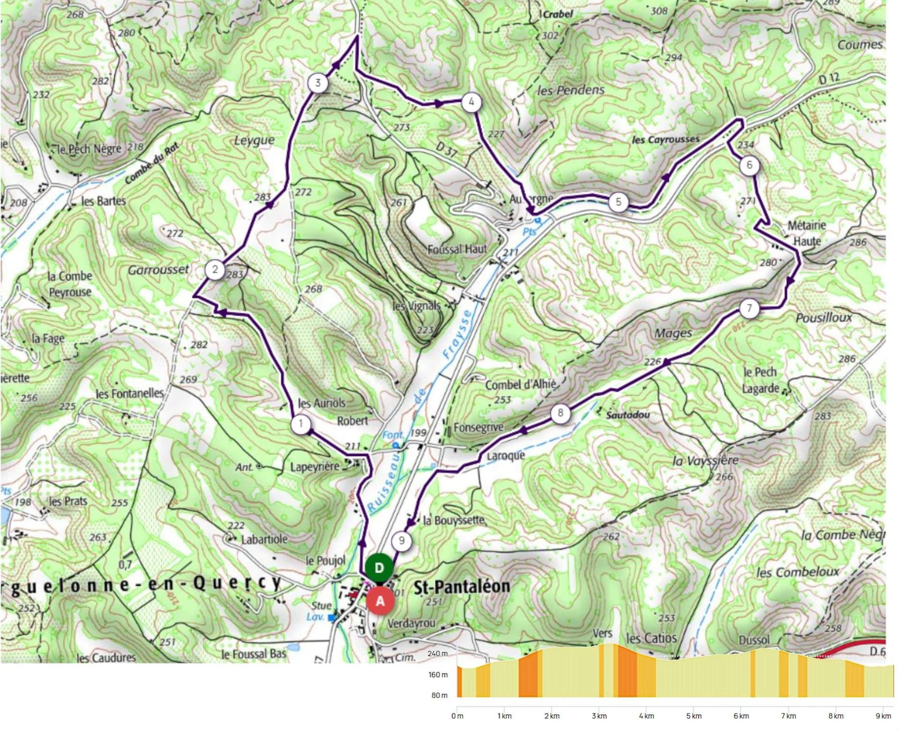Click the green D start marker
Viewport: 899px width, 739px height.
pyautogui.click(x=379, y=568)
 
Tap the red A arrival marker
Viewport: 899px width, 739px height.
pyautogui.click(x=380, y=601)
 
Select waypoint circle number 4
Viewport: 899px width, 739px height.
pyautogui.click(x=471, y=102)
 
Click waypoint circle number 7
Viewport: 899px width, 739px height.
pyautogui.click(x=749, y=308)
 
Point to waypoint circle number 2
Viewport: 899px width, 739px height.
pyautogui.click(x=215, y=269)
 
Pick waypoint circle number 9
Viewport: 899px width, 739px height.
pyautogui.click(x=401, y=541)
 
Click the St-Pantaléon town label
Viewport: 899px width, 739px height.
pyautogui.click(x=462, y=586)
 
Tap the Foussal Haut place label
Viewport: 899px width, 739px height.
pyautogui.click(x=457, y=249)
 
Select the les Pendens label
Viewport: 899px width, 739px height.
pyautogui.click(x=571, y=90)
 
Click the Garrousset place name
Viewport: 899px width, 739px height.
pyautogui.click(x=158, y=270)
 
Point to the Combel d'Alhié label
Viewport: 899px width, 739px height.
pyautogui.click(x=520, y=385)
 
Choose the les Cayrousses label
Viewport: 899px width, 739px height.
pyautogui.click(x=665, y=140)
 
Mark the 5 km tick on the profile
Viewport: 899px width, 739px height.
pyautogui.click(x=693, y=716)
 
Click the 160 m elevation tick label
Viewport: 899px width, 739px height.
pyautogui.click(x=438, y=674)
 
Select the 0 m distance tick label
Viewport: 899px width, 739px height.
pyautogui.click(x=457, y=716)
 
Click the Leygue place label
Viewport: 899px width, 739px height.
pyautogui.click(x=254, y=140)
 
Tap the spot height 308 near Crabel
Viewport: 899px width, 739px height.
pyautogui.click(x=659, y=11)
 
